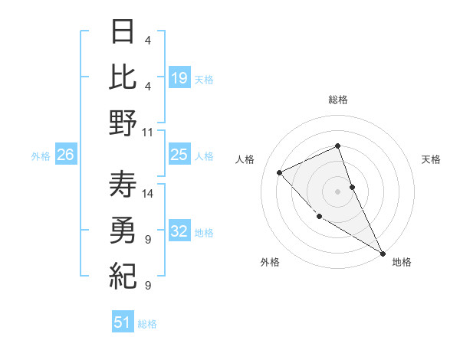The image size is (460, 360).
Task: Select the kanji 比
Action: [x=123, y=77]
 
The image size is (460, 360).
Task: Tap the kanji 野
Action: [x=123, y=123]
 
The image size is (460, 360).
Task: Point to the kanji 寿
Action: [x=123, y=184]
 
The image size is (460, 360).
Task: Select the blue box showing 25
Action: [x=179, y=155]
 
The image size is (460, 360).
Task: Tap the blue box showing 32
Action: [x=179, y=232]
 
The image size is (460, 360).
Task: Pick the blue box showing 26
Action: [x=65, y=155]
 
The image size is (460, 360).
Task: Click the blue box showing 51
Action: [x=122, y=322]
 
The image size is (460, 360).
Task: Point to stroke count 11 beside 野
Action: [x=148, y=132]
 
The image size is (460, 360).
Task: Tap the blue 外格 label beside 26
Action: [x=41, y=156]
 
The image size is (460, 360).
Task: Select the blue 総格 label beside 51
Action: [x=147, y=324]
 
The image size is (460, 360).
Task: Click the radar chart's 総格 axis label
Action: [x=338, y=100]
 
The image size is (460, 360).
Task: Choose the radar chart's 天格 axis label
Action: [x=431, y=159]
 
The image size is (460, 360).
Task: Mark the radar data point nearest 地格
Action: [x=383, y=253]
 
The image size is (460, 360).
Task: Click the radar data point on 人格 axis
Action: [x=280, y=172]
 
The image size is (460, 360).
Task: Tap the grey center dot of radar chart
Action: [x=338, y=191]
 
